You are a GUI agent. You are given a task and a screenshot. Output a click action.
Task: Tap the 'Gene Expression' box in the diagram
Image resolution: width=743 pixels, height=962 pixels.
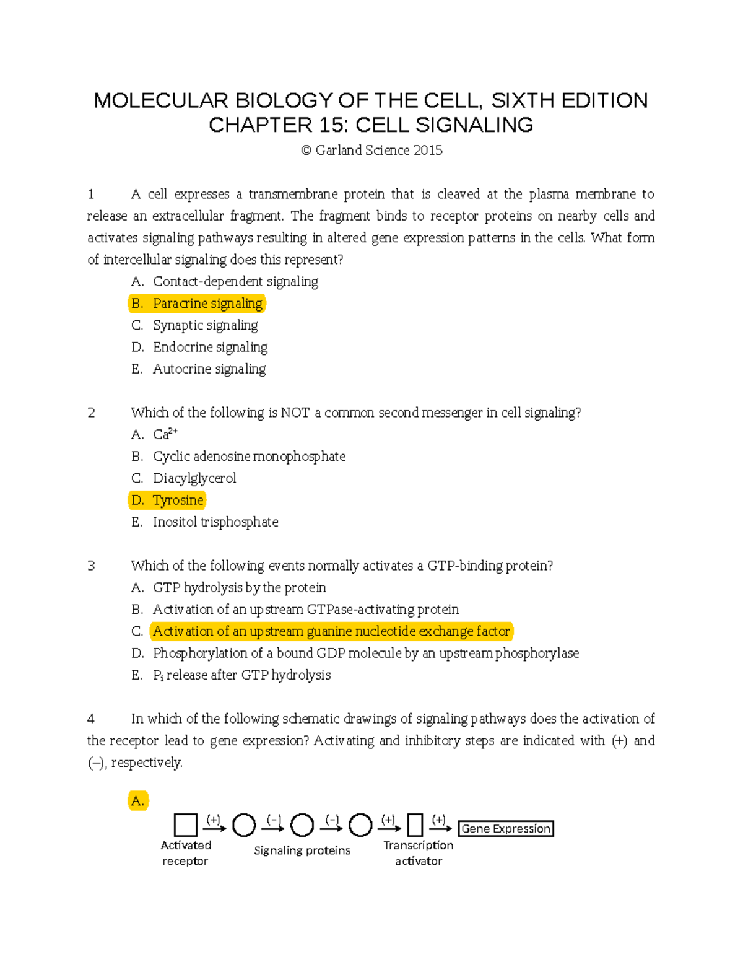[x=506, y=829]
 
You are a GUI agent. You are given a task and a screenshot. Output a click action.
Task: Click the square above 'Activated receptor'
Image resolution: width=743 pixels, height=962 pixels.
[x=186, y=825]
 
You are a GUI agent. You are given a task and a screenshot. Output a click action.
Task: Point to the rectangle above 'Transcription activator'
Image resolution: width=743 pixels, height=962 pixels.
[x=415, y=825]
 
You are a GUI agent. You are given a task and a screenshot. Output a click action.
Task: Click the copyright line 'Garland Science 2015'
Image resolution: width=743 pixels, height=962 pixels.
[x=371, y=151]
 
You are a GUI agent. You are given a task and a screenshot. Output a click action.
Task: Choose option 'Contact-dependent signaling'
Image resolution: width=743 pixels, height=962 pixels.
[x=235, y=282]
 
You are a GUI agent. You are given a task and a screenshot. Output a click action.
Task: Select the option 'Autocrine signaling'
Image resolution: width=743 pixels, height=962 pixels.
[x=209, y=369]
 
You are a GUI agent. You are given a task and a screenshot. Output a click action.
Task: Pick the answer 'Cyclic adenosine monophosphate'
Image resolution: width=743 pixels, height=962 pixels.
[x=249, y=457]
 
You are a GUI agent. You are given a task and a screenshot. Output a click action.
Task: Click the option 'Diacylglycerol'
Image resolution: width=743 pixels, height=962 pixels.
[x=194, y=478]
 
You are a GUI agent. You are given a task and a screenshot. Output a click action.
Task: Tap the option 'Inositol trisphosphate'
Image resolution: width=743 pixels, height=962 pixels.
[x=215, y=522]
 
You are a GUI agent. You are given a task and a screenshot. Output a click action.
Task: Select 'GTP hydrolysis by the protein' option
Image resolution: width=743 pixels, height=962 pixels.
[x=239, y=588]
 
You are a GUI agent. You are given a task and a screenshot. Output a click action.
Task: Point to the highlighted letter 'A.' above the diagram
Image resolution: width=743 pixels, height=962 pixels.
[x=137, y=801]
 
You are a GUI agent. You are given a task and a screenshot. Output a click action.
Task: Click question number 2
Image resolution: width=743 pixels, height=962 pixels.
[x=92, y=413]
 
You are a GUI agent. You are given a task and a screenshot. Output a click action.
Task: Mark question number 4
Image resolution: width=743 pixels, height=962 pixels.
[x=91, y=719]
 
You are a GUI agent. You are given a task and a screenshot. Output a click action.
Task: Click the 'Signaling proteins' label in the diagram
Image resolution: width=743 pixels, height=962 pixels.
[x=302, y=850]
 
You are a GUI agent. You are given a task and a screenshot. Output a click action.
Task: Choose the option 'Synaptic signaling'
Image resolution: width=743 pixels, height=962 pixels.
[x=205, y=325]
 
